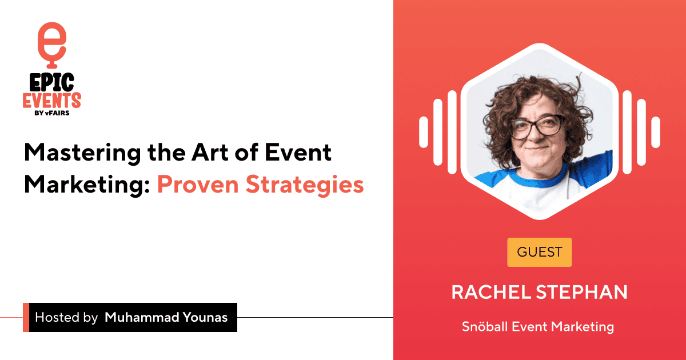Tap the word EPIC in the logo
click(51, 83)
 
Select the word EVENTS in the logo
click(51, 102)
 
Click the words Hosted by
click(66, 318)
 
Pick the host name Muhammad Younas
click(166, 318)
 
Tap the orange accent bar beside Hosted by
click(26, 317)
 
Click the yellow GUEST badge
click(539, 252)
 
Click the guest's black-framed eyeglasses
click(537, 126)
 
